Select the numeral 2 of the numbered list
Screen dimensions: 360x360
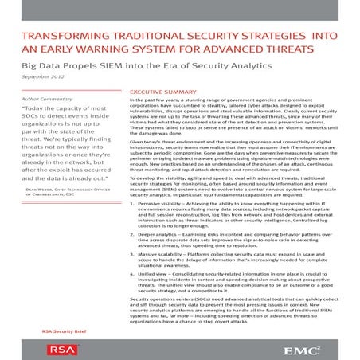132,235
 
